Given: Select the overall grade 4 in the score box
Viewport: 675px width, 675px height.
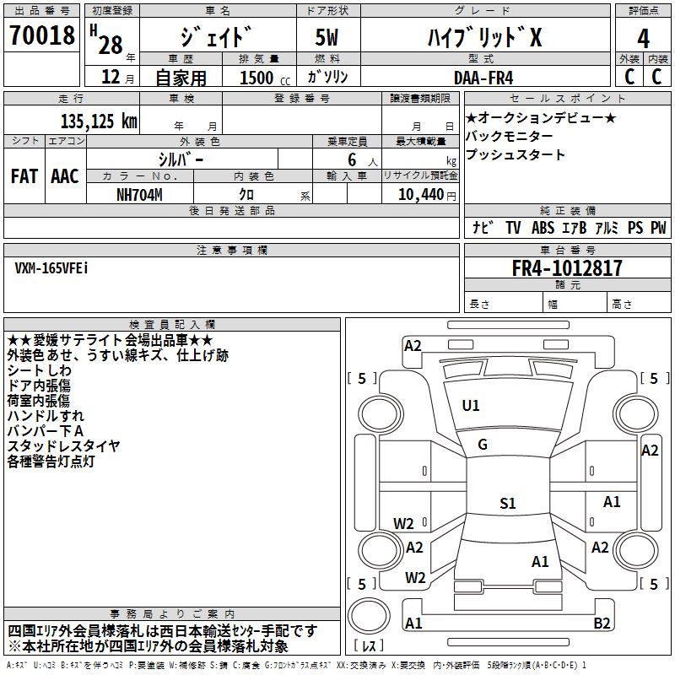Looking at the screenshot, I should [x=643, y=39].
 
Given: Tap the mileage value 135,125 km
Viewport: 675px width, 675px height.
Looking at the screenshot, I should [x=99, y=121].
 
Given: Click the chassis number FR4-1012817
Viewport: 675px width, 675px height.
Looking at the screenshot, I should [x=567, y=269].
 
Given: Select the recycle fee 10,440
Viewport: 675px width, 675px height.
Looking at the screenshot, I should [x=419, y=194].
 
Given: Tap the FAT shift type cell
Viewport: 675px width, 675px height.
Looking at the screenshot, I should [x=24, y=176].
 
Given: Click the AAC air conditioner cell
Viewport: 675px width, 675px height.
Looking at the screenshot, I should [x=65, y=176].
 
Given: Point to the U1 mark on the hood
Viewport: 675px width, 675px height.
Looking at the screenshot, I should [x=471, y=406].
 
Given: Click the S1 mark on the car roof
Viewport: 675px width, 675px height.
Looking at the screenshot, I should [x=507, y=504].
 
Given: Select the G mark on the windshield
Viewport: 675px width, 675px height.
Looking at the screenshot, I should [x=483, y=445].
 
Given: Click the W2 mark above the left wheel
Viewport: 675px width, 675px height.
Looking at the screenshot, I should [x=403, y=524].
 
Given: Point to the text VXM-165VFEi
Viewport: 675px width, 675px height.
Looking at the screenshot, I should [x=51, y=267].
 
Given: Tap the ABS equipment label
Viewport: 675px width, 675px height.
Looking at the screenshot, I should [x=543, y=228].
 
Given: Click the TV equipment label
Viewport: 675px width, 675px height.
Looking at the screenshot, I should [x=513, y=228].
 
